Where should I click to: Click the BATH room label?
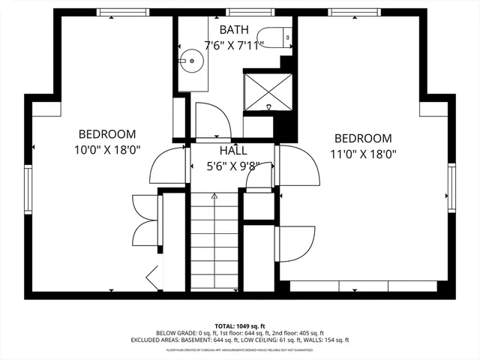click(x=234, y=30)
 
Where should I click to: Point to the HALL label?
click(x=233, y=151)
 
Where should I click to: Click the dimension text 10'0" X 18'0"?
click(x=107, y=150)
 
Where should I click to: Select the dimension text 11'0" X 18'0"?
click(x=363, y=154)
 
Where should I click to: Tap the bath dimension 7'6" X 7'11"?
click(x=234, y=44)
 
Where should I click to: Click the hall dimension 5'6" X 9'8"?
click(x=233, y=166)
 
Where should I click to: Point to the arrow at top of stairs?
click(x=214, y=196)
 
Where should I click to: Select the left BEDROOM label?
click(x=107, y=134)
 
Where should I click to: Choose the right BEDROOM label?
click(x=363, y=138)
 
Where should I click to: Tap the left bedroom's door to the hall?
click(x=168, y=166)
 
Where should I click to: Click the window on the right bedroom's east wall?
click(x=452, y=185)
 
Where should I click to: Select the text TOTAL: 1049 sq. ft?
click(x=239, y=325)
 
